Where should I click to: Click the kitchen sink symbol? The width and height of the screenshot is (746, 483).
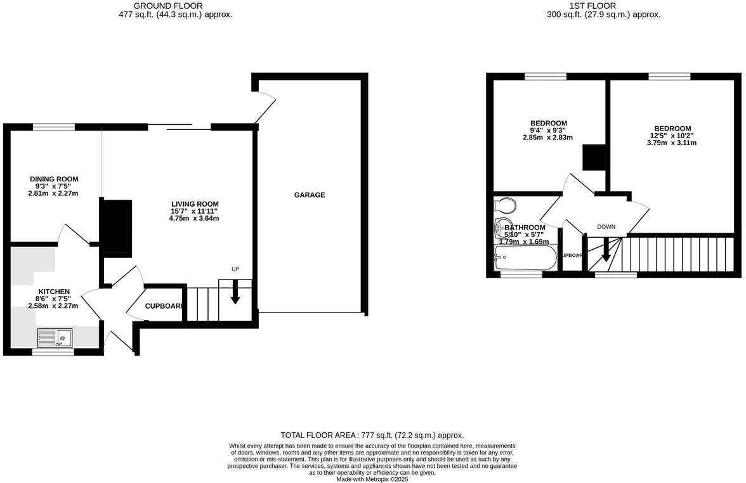[55, 338]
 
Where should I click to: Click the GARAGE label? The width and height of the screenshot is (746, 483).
[309, 195]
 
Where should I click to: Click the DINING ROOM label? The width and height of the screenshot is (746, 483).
[53, 179]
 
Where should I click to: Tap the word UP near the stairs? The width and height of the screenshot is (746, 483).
[235, 269]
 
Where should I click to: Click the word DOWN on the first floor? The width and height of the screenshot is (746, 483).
[606, 227]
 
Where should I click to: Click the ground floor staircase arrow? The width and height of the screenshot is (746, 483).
[235, 293]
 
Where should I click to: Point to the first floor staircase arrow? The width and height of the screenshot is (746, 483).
[606, 250]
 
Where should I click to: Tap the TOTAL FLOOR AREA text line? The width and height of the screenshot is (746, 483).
[372, 435]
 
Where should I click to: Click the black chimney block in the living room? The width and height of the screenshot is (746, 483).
[117, 227]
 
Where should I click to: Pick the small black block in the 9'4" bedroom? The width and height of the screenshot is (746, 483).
[594, 158]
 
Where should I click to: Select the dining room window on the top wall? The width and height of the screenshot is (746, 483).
[53, 127]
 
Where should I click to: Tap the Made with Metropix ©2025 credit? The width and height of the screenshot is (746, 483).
[372, 479]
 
